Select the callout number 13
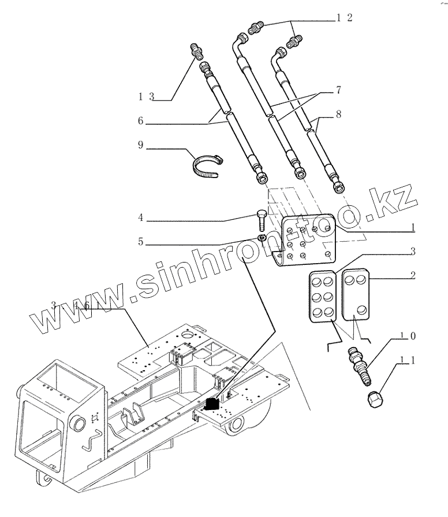(x=145, y=97)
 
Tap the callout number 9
(x=140, y=146)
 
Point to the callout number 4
(x=140, y=219)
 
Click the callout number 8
(x=339, y=115)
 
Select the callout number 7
(x=339, y=90)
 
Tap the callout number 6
(x=140, y=121)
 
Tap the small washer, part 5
(x=261, y=237)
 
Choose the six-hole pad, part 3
(x=323, y=296)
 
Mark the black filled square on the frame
(x=212, y=404)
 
